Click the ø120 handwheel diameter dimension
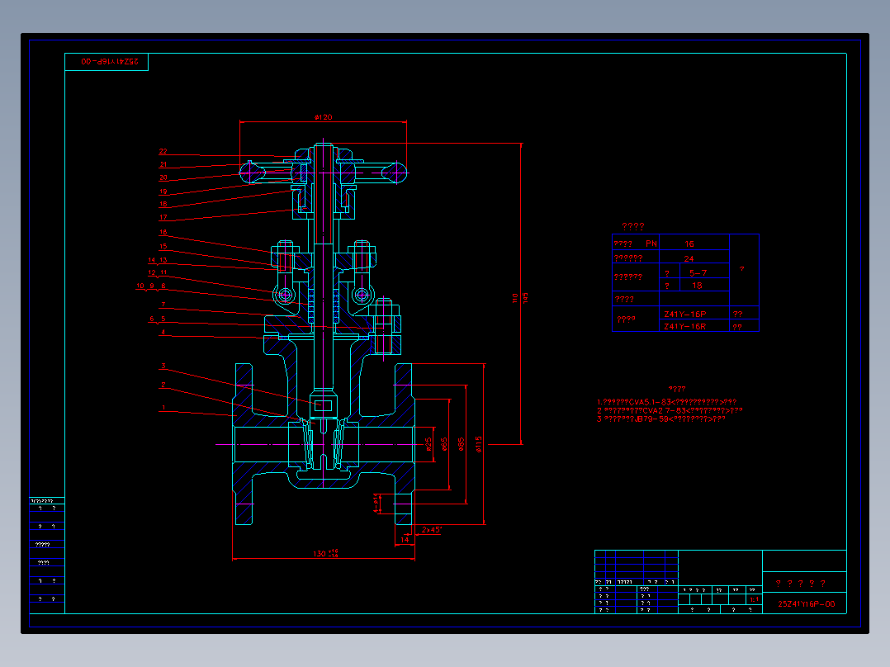click(323, 117)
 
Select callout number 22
click(163, 151)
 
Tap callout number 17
click(163, 217)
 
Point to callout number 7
click(163, 305)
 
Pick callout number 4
click(163, 333)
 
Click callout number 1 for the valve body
click(163, 408)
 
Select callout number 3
click(163, 366)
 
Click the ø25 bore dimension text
click(429, 444)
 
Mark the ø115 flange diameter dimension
click(479, 444)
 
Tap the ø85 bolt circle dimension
click(462, 444)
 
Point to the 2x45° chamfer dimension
click(432, 529)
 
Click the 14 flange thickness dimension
click(405, 538)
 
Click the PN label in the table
click(651, 244)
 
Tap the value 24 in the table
click(689, 258)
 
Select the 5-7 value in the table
click(697, 272)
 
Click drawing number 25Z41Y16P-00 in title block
click(807, 604)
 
